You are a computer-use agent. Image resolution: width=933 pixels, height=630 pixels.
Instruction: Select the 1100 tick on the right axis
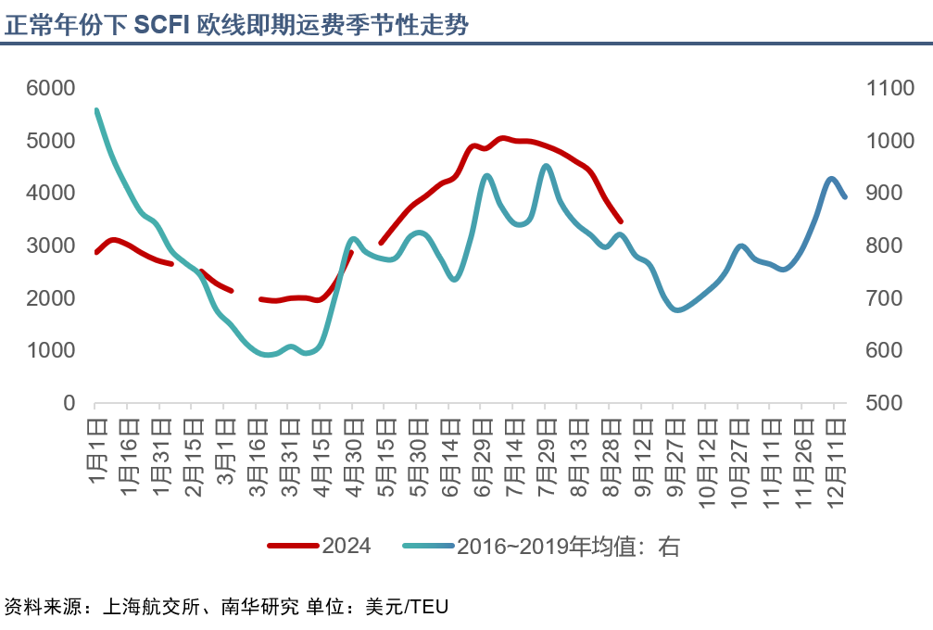click(x=889, y=88)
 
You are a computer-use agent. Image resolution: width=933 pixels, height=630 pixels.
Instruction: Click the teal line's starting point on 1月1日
click(x=96, y=110)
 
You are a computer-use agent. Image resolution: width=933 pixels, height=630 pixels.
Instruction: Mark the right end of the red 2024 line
click(x=621, y=221)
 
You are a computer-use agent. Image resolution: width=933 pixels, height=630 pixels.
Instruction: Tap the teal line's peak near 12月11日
click(x=831, y=179)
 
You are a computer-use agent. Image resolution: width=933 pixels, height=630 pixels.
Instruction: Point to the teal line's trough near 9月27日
click(x=676, y=309)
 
